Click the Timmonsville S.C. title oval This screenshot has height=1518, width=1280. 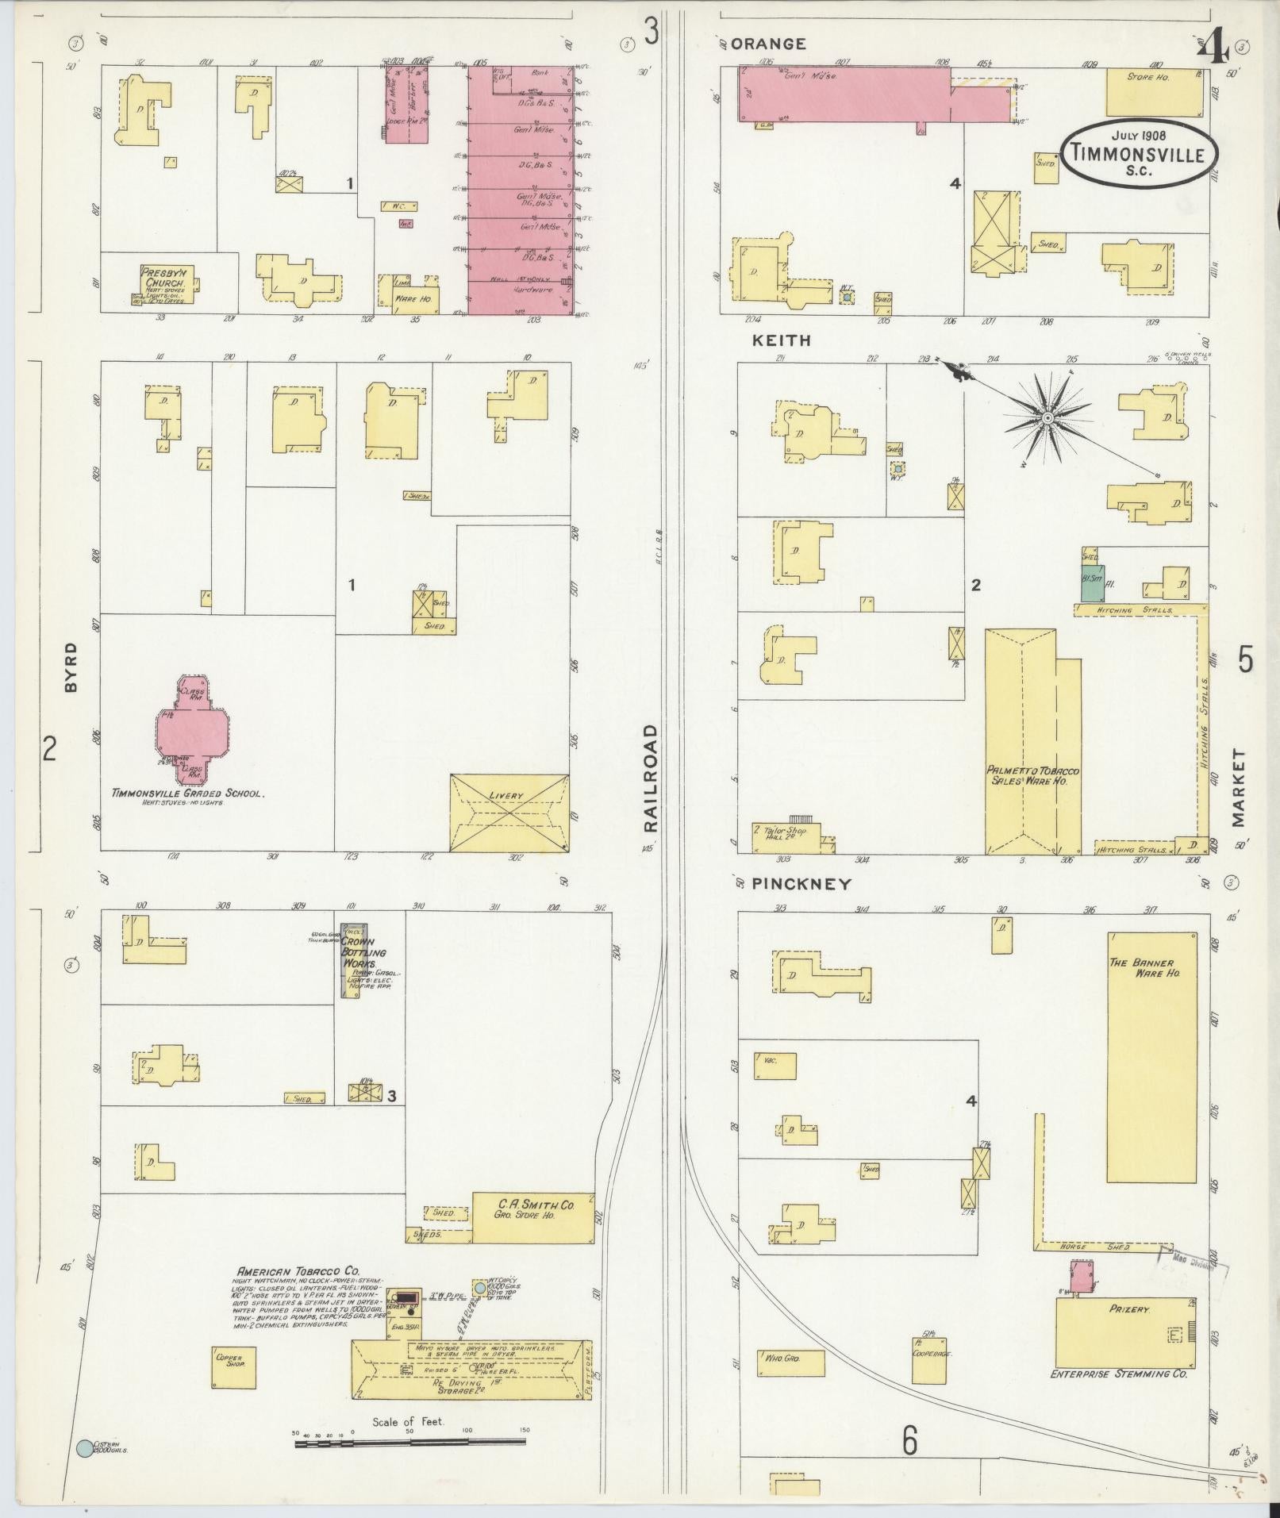1139,153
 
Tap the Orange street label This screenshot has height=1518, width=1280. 767,44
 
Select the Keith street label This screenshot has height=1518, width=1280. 782,340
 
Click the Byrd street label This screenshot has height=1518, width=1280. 71,668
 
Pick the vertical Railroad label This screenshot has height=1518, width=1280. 651,778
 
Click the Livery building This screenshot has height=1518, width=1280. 509,813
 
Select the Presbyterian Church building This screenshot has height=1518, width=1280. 165,283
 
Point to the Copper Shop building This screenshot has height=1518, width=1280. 233,1366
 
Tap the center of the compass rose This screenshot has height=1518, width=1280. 1047,417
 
